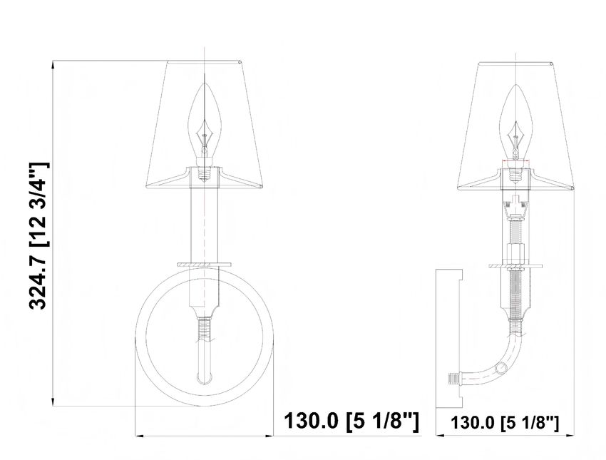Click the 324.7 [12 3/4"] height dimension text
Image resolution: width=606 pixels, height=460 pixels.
pos(38,235)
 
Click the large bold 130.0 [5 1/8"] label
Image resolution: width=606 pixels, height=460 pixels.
pos(351,421)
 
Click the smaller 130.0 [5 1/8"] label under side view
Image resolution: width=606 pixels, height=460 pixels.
pos(505,422)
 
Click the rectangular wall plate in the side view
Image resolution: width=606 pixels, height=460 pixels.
pos(449,338)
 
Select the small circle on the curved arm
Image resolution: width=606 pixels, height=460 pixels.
pos(501,367)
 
